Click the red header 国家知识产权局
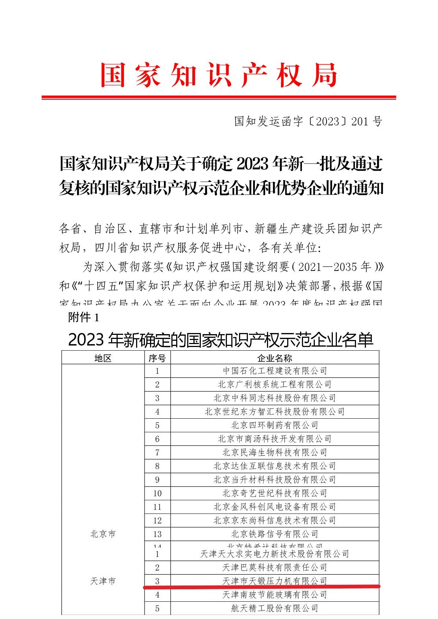tap(219, 75)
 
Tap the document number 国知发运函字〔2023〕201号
tap(308, 121)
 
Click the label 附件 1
tap(83, 317)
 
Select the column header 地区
tap(103, 358)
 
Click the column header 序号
tap(157, 358)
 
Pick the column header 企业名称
tap(274, 358)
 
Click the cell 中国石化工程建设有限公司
tap(274, 371)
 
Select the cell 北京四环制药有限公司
tap(274, 425)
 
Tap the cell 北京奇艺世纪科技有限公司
tap(274, 493)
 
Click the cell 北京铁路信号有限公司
tap(274, 534)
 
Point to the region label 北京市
tap(103, 534)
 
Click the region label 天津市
tap(103, 581)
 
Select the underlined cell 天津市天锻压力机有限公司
tap(274, 580)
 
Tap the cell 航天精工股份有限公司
tap(274, 608)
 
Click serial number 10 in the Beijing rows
tap(157, 493)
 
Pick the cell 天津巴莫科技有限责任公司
tap(274, 568)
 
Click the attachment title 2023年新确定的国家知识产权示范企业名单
tap(221, 340)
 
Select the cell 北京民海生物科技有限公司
tap(274, 452)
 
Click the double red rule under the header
tap(219, 98)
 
